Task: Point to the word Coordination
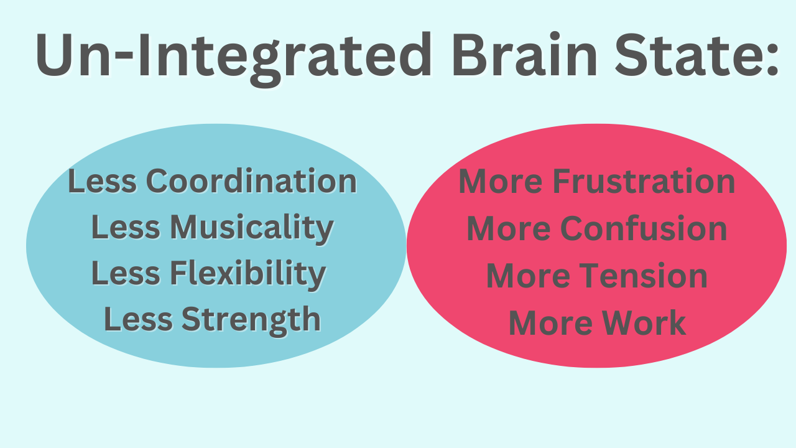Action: [251, 181]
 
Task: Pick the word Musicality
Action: [251, 228]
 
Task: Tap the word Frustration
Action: [644, 181]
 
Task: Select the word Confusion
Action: [644, 228]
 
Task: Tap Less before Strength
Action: [139, 320]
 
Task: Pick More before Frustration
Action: [501, 181]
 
